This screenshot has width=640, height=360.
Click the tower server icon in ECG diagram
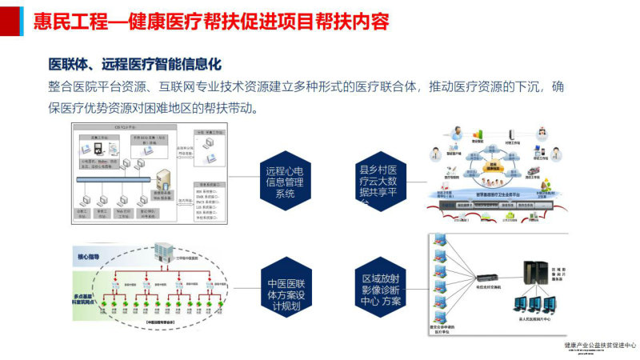pyautogui.click(x=164, y=181)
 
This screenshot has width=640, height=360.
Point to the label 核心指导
pyautogui.click(x=89, y=256)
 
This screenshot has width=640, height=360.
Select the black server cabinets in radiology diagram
pyautogui.click(x=533, y=277)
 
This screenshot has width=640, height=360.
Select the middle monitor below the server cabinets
pyautogui.click(x=533, y=306)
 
